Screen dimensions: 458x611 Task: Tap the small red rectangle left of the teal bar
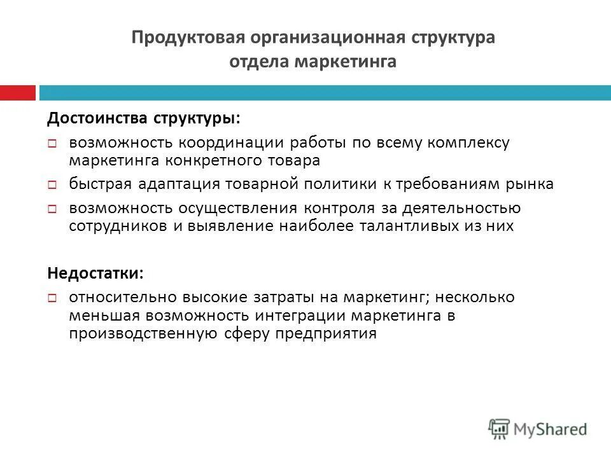pos(17,92)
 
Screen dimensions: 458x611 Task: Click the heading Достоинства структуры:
pos(144,119)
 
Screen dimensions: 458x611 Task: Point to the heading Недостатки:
pos(96,274)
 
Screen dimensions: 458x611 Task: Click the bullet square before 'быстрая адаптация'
pos(53,185)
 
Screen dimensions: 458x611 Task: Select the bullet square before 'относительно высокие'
pos(53,298)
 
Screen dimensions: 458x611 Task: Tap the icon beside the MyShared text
pos(500,428)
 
